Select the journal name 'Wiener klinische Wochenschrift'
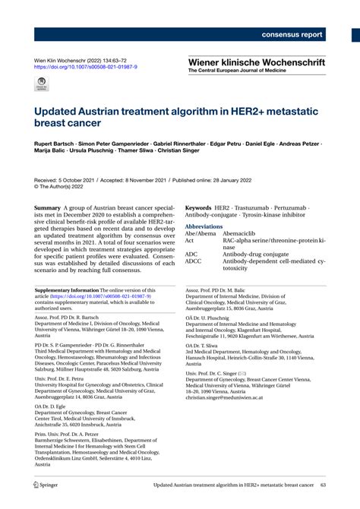click(257, 61)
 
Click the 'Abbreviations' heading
click(204, 226)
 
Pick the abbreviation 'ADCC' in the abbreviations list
click(194, 261)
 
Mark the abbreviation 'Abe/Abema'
click(199, 233)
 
